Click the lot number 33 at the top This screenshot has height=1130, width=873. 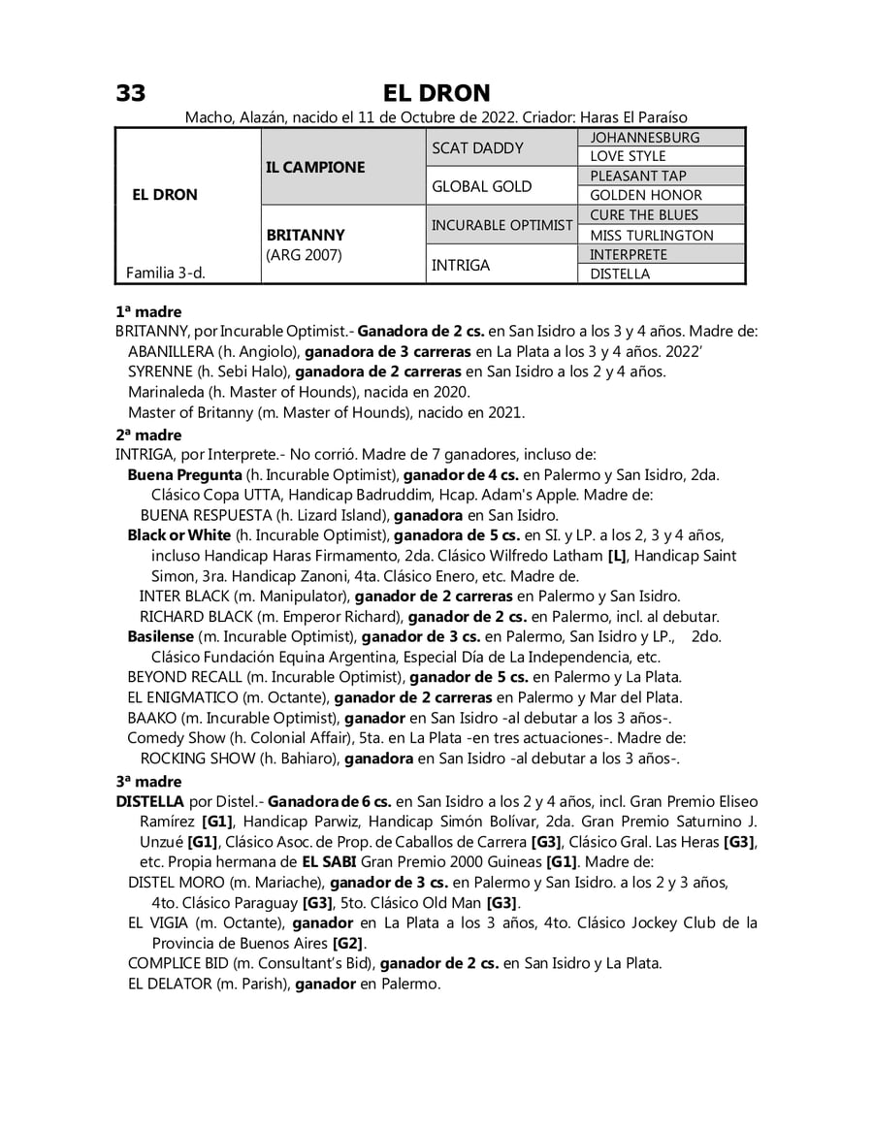pos(131,93)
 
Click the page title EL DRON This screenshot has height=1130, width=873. pos(436,93)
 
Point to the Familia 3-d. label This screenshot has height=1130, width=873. pos(166,274)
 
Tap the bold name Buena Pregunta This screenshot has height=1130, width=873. pos(184,475)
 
